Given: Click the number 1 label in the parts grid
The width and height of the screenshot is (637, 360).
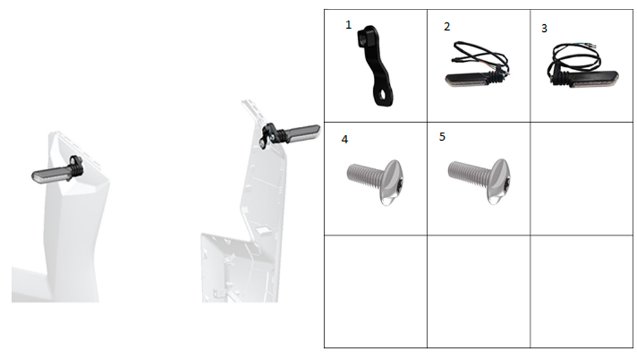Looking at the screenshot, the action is coord(348,25).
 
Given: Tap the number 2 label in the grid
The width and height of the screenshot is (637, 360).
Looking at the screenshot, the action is coord(447,27).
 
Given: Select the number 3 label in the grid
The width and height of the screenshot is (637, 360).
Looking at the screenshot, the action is coord(545,29).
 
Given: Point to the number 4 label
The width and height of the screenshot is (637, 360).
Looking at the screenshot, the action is coord(345,140).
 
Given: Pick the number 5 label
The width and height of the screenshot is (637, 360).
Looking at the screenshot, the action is coord(443,137).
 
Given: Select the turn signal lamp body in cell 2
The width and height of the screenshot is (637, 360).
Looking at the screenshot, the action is coord(467,79).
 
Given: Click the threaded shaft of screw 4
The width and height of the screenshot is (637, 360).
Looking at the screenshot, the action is coord(365,175).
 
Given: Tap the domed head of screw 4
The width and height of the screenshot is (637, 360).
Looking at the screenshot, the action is coord(392,182).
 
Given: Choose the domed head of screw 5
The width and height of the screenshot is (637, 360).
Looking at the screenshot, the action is coord(499,181).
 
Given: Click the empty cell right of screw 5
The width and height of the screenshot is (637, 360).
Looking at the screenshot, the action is coord(582,178).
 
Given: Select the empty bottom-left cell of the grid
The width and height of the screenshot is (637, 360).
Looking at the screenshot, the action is coord(375,291).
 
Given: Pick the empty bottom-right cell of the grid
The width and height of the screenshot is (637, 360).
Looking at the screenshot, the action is coord(582,291).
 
